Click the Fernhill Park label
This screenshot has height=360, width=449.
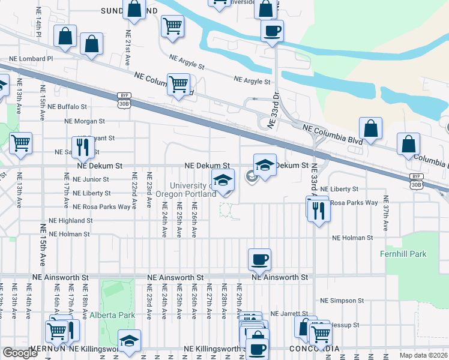[403, 254]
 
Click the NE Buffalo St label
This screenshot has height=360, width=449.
[67, 106]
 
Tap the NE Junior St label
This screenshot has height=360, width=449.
[90, 179]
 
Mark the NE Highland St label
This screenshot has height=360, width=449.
[71, 221]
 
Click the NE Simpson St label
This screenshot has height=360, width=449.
[342, 300]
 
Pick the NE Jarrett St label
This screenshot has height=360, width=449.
[289, 313]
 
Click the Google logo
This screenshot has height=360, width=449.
[20, 352]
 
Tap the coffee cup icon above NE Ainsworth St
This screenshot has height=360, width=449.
[259, 259]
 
